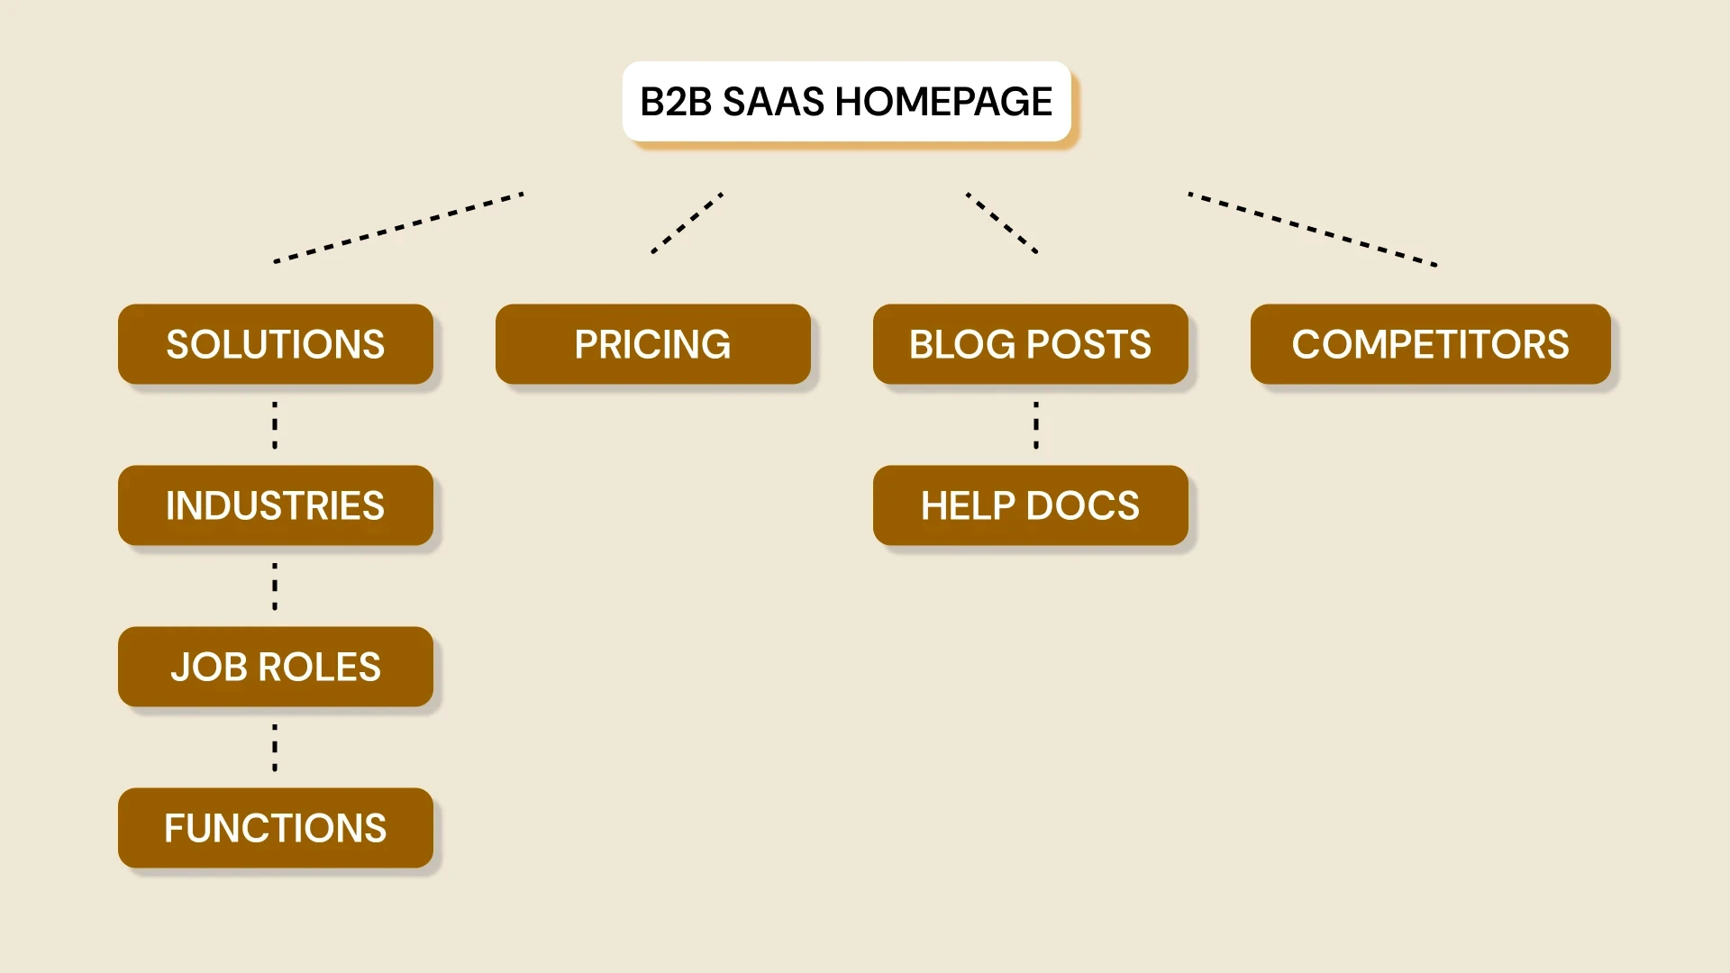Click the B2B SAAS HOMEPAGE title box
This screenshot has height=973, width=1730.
[x=846, y=101]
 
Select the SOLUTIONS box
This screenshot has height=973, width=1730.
[x=276, y=344]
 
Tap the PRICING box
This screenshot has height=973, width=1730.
[x=652, y=344]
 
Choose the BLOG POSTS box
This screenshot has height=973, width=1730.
[x=1030, y=344]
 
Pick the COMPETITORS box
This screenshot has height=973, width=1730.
[x=1430, y=344]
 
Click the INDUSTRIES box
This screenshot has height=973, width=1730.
[x=276, y=505]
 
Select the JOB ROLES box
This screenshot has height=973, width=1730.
[x=276, y=667]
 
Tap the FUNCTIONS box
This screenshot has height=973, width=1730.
[x=276, y=828]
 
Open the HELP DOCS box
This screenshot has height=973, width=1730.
[x=1030, y=505]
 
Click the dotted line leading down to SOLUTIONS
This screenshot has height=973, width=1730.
[x=398, y=227]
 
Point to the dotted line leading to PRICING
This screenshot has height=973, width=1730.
[x=687, y=223]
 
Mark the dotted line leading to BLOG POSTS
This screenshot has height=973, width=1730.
[x=1002, y=223]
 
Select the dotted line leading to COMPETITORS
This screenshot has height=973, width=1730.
[x=1312, y=229]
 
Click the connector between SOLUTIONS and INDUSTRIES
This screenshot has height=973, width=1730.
[x=275, y=425]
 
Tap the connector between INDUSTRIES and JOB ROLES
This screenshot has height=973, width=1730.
[x=275, y=587]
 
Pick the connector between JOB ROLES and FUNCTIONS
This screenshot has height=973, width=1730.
[x=275, y=748]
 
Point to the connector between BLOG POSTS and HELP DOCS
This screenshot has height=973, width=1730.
[x=1036, y=425]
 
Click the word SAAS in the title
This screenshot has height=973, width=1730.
[x=773, y=102]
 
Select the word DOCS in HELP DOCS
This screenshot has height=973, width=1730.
[x=1082, y=506]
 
